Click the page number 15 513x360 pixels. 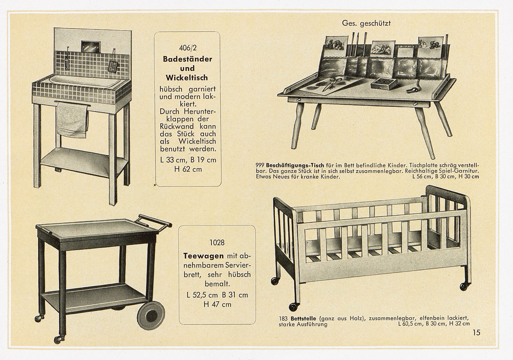[477, 333]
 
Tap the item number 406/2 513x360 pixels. [187, 48]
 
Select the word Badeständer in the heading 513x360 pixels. [187, 59]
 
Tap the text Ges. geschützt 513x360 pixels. [366, 23]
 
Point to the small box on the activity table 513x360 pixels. [385, 82]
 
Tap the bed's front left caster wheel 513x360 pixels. [293, 307]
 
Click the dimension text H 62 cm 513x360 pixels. [187, 169]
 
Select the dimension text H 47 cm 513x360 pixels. [217, 304]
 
